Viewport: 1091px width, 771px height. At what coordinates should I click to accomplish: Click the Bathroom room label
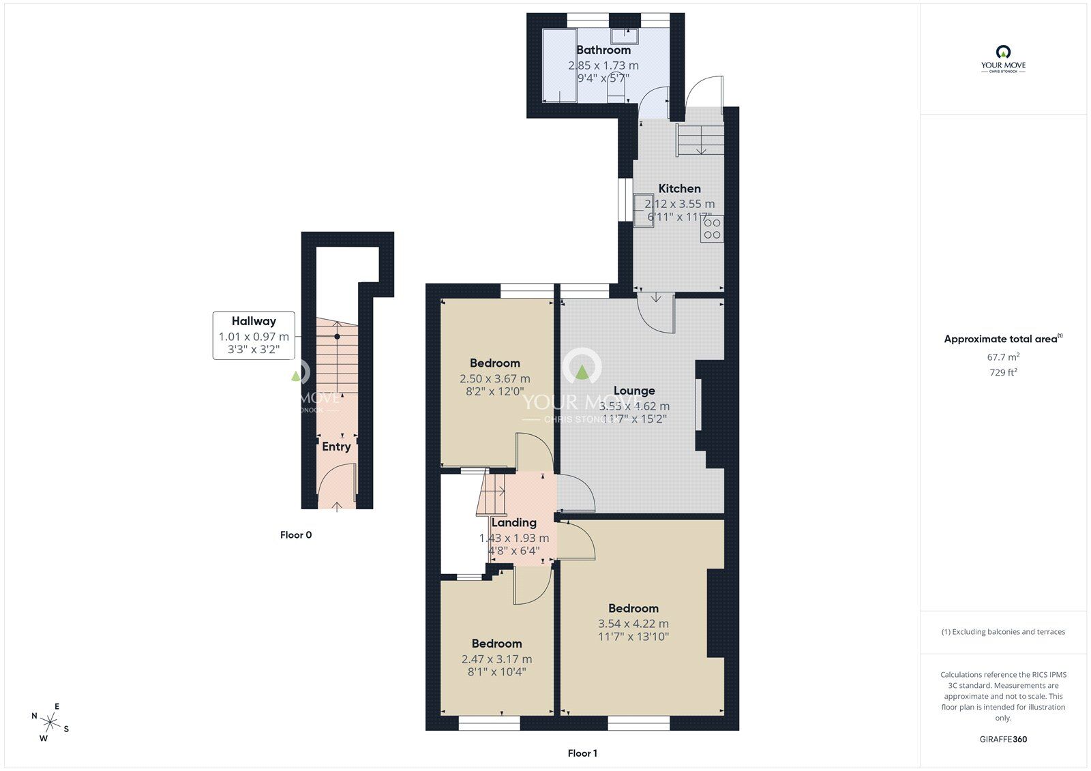[x=603, y=50]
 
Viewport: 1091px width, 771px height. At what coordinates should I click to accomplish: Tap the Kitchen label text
[x=679, y=189]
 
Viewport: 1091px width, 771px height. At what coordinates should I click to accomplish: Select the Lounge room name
[x=634, y=391]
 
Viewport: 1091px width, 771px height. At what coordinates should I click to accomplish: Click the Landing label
[x=513, y=522]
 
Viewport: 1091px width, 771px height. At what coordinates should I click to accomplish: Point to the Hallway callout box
[x=254, y=335]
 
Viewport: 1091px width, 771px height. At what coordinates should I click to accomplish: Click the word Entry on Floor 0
[x=336, y=447]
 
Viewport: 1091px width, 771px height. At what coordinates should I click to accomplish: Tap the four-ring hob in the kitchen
[x=712, y=228]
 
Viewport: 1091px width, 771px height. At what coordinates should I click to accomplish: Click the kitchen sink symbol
[x=643, y=209]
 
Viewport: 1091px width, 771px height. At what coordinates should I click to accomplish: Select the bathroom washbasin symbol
[x=623, y=35]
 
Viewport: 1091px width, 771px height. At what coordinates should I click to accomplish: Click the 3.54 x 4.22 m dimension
[x=633, y=623]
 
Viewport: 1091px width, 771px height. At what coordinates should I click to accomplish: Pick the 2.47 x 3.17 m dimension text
[x=496, y=659]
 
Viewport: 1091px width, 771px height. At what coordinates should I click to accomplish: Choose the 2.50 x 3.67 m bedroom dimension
[x=494, y=378]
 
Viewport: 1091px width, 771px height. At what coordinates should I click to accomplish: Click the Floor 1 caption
[x=582, y=753]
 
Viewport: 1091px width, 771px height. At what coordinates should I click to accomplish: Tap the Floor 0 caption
[x=296, y=535]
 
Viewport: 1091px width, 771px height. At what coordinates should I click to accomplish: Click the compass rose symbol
[x=50, y=721]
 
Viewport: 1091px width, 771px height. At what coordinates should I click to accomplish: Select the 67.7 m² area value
[x=1003, y=357]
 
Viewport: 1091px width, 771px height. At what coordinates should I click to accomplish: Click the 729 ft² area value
[x=1003, y=372]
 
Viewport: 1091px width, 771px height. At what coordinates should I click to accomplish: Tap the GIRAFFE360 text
[x=1003, y=739]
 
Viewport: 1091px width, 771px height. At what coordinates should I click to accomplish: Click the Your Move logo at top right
[x=1003, y=59]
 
